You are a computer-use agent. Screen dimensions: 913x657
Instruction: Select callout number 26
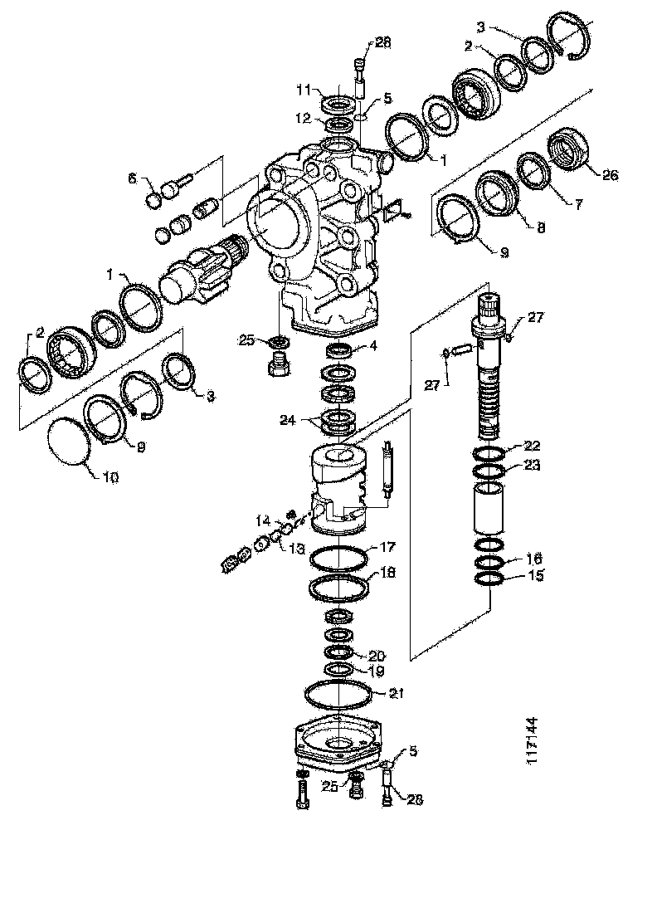point(610,174)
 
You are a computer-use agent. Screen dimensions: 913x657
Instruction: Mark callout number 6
point(133,178)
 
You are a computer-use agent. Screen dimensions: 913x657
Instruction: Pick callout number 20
point(377,654)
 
